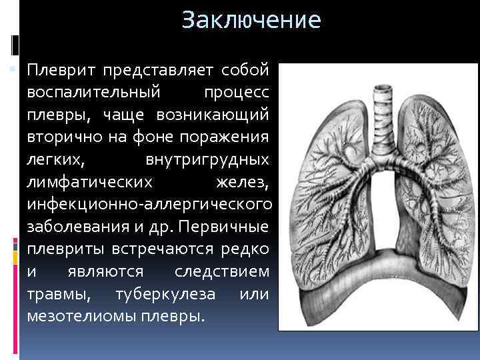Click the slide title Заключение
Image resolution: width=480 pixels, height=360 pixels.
pos(251,20)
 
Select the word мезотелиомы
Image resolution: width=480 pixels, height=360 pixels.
pos(81,316)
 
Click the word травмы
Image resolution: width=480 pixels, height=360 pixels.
pos(58,294)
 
